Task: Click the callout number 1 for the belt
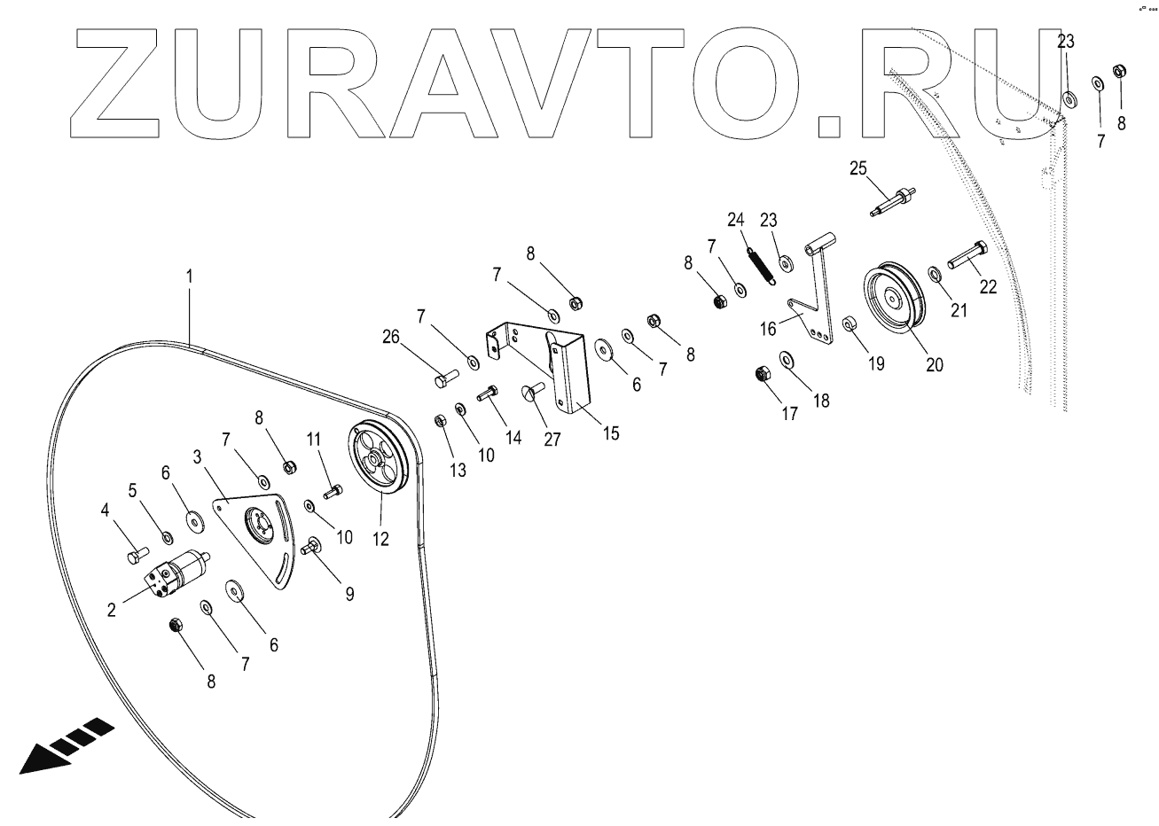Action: (188, 277)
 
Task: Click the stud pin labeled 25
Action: (892, 199)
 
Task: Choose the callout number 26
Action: (392, 337)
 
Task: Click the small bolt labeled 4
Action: (134, 556)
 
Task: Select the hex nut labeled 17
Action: (762, 374)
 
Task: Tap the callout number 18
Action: (821, 400)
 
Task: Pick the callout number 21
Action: (959, 311)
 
